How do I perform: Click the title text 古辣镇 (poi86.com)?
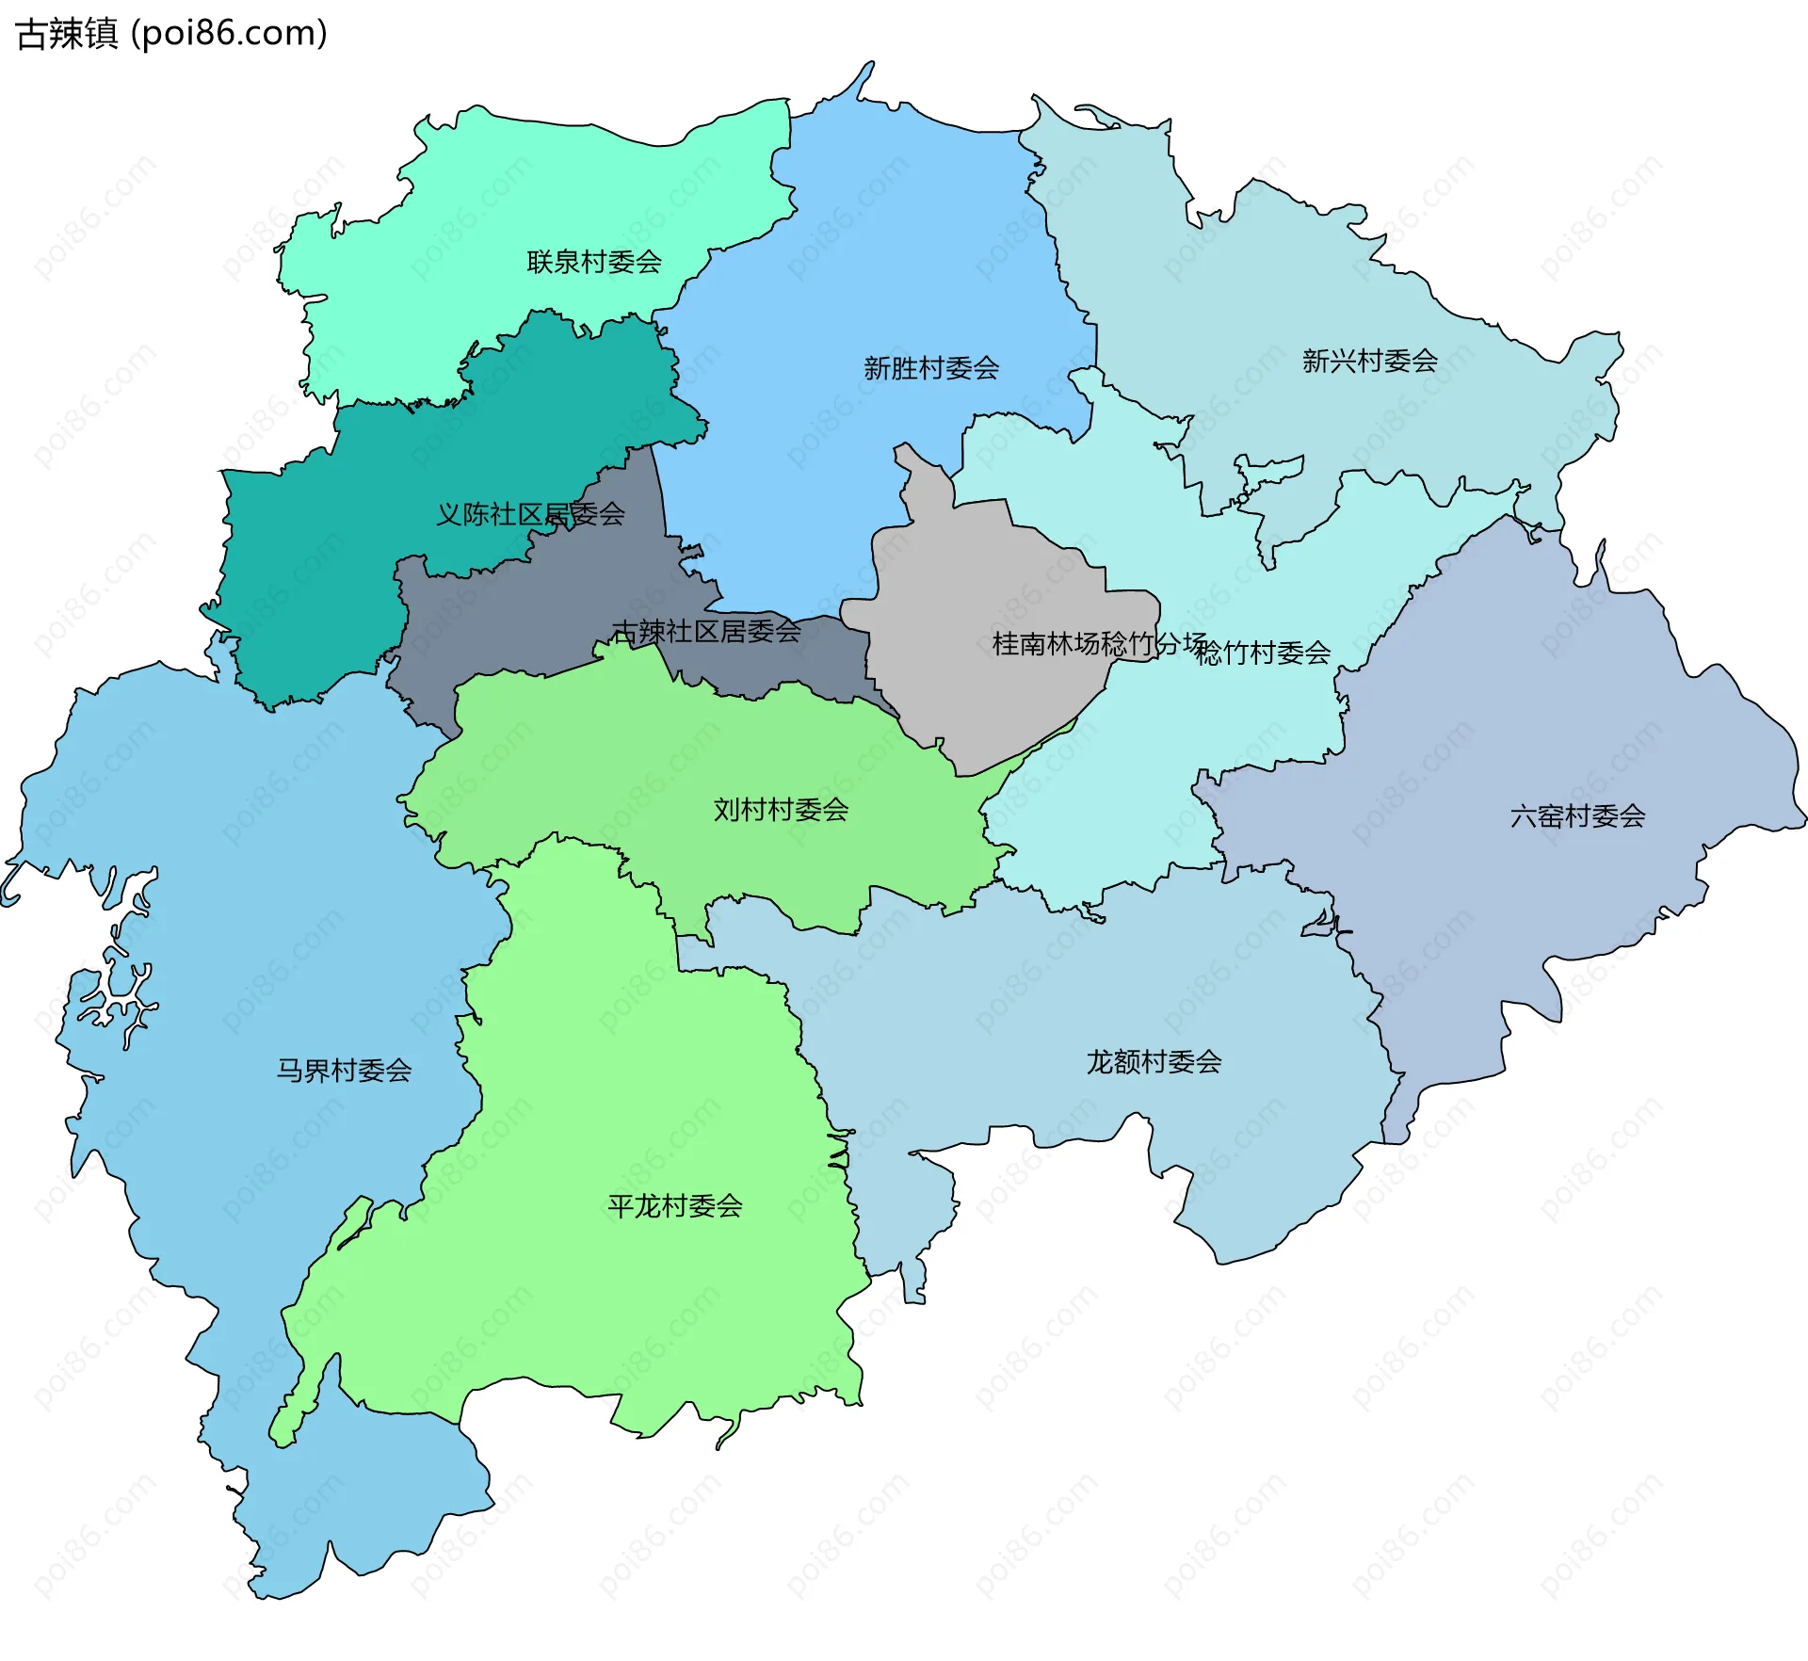coord(171,33)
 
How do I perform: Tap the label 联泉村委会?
coord(594,262)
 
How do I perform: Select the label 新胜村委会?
coord(931,368)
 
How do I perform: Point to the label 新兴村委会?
coord(1369,361)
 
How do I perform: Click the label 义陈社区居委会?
coord(530,514)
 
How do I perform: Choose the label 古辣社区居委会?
coord(706,631)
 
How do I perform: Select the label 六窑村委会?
coord(1577,815)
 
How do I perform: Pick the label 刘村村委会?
coord(781,810)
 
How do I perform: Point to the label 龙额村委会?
coord(1154,1062)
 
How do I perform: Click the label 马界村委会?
coord(344,1071)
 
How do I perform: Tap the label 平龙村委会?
coord(675,1206)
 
